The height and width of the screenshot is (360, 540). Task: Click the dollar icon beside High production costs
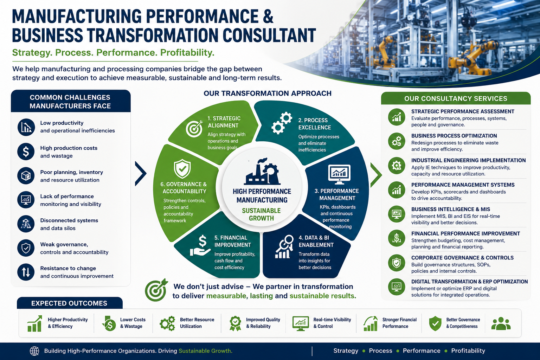point(26,152)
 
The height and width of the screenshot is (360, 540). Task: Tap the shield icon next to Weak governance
point(26,248)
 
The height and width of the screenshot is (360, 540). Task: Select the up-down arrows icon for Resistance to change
point(26,272)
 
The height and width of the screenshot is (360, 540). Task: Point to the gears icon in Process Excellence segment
point(282,123)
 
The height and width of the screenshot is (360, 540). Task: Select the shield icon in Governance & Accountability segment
point(182,168)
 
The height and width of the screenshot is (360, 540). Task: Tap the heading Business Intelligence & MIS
point(451,209)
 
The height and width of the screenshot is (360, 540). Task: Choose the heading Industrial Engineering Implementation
point(468,160)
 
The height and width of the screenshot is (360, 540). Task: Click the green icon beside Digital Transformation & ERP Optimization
point(397,287)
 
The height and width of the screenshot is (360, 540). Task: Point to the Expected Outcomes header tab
point(69,303)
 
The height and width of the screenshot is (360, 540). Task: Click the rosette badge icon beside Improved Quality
point(235,323)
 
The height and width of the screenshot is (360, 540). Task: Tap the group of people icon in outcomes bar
point(501,323)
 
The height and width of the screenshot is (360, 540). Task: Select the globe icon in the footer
point(34,351)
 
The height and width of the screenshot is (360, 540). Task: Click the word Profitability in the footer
point(468,351)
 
